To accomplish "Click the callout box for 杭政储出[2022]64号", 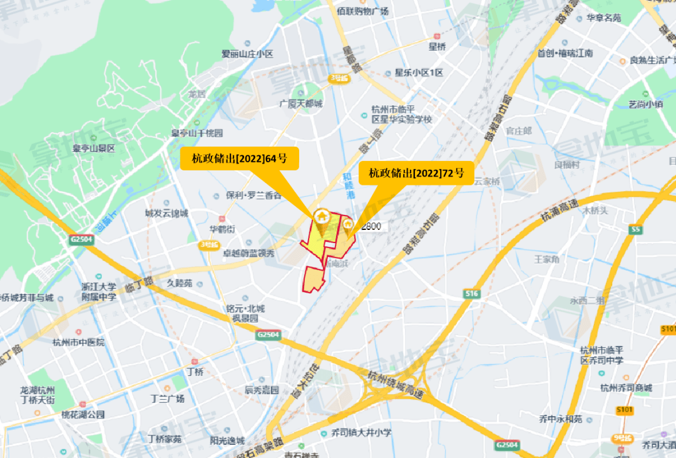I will [240, 159].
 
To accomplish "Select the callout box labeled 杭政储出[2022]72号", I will [416, 174].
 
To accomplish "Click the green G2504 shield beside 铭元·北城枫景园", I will [267, 335].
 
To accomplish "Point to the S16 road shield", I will [472, 293].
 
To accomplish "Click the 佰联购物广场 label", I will [362, 11].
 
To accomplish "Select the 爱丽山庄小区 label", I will [248, 55].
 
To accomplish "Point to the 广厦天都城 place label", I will [301, 103].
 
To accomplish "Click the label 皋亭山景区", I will [93, 148].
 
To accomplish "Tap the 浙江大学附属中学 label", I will [99, 291].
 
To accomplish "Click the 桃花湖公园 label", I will [83, 415].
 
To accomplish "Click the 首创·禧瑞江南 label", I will [565, 53].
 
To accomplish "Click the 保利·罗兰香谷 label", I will [253, 195].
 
